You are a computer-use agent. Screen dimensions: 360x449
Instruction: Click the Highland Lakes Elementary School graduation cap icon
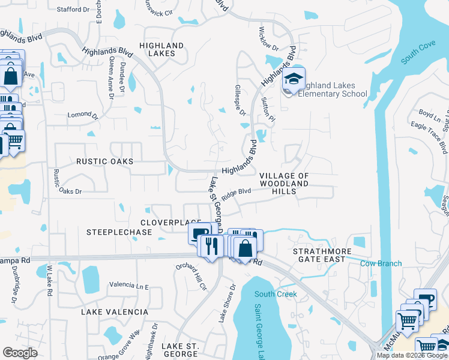(294, 79)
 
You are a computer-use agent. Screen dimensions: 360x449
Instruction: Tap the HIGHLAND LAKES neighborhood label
(161, 49)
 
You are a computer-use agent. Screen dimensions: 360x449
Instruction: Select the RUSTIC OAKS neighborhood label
(104, 161)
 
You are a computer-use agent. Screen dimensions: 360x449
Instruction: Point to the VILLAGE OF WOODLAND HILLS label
(284, 183)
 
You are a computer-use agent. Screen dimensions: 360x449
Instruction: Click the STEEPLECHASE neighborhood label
(119, 232)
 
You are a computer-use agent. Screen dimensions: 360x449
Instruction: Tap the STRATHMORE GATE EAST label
(319, 255)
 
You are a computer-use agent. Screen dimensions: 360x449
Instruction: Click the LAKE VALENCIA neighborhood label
(115, 312)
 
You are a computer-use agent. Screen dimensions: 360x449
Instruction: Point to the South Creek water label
(276, 294)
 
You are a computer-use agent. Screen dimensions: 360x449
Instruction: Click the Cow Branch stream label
(381, 263)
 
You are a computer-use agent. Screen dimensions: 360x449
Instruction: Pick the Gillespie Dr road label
(239, 100)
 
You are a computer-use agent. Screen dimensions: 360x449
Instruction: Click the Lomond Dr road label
(82, 115)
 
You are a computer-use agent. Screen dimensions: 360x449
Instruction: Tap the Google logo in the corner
(20, 352)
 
